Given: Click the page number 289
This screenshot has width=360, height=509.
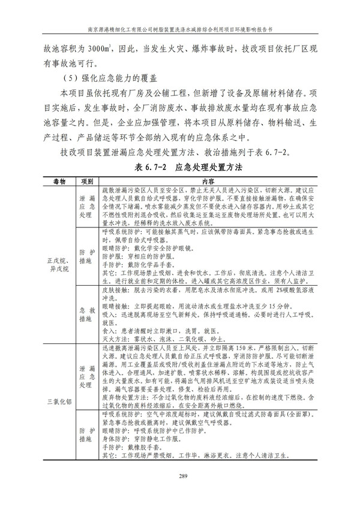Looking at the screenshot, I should (179, 477).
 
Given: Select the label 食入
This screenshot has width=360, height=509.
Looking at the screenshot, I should (108, 330).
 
